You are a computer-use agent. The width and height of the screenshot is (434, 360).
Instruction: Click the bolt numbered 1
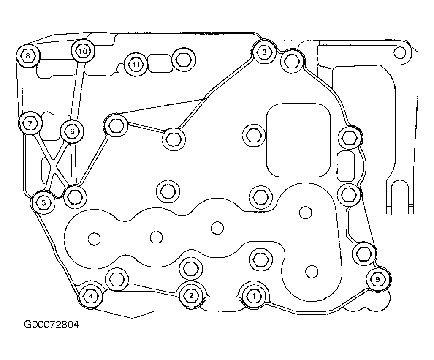(x=254, y=296)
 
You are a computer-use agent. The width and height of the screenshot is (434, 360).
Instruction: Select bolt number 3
(x=264, y=52)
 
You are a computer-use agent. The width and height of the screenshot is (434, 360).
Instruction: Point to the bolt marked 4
(x=91, y=297)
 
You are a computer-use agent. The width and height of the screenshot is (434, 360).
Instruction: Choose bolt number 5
(x=43, y=202)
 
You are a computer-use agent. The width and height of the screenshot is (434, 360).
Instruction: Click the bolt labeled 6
(x=72, y=131)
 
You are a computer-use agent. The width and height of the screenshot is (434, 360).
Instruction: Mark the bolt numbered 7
(x=30, y=123)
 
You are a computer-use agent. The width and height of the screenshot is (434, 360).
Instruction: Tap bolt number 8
(x=28, y=56)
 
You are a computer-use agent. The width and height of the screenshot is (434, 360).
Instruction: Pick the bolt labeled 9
(x=378, y=279)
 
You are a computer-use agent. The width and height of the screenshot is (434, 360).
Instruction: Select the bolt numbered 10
(x=83, y=51)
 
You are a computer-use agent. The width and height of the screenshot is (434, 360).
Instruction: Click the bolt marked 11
(x=136, y=65)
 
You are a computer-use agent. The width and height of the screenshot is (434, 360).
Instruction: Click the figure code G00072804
(x=52, y=324)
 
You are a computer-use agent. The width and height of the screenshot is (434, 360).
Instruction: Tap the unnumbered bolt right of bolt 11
(x=184, y=60)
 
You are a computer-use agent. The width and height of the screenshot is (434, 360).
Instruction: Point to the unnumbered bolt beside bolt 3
(x=293, y=61)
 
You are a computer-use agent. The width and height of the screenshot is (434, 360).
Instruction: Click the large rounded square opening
(x=298, y=140)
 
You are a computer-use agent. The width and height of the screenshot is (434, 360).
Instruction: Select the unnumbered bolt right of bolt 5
(x=75, y=197)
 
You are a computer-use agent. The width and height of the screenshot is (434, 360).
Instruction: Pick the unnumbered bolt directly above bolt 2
(x=191, y=268)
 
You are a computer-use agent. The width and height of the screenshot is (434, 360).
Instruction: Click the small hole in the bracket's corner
(x=399, y=53)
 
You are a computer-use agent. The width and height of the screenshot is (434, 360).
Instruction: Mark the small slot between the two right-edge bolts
(x=346, y=166)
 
